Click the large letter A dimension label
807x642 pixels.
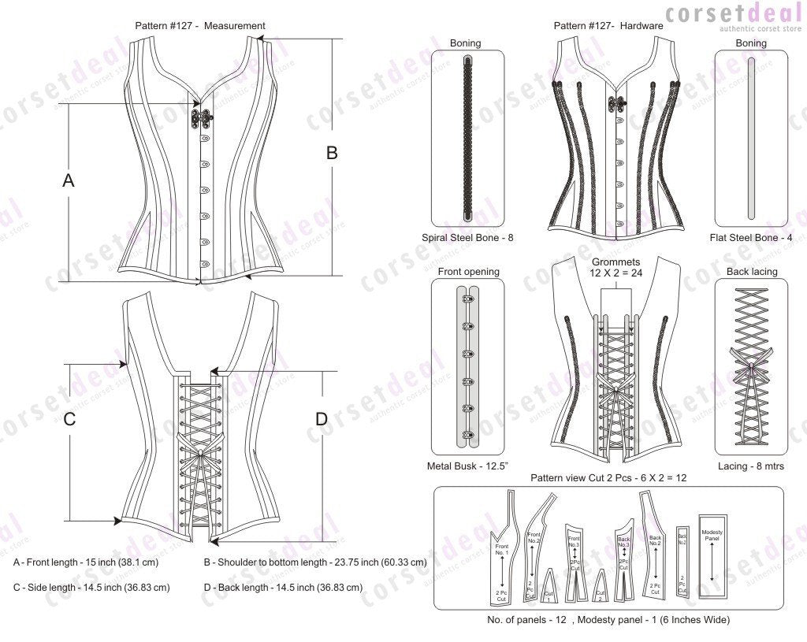(x=69, y=180)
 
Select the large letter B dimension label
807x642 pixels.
(x=332, y=153)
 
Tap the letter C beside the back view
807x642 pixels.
(x=69, y=420)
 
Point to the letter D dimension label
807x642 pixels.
(x=321, y=420)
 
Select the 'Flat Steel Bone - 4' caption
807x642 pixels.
(x=750, y=237)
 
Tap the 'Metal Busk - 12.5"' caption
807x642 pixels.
(x=467, y=466)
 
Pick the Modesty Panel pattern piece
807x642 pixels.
(x=712, y=555)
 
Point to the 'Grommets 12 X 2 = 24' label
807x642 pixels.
(x=615, y=266)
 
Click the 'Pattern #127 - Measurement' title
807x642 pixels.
(x=200, y=25)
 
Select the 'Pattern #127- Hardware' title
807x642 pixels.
(x=608, y=25)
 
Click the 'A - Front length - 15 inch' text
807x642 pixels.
(x=86, y=562)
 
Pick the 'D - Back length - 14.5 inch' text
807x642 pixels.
(x=283, y=587)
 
